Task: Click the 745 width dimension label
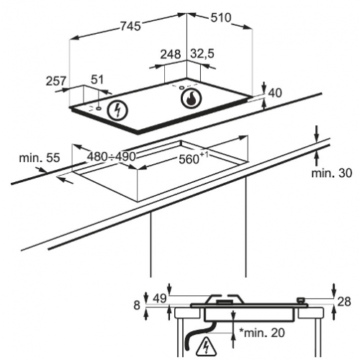tap(130, 26)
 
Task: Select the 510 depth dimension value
tap(221, 17)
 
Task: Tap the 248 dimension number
tap(171, 54)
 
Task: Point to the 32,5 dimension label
tap(202, 53)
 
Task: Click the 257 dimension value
tap(56, 81)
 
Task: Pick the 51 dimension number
tap(97, 79)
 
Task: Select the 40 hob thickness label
tap(275, 93)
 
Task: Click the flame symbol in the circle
tap(192, 99)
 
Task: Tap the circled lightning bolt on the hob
tap(117, 110)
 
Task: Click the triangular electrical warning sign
tap(206, 346)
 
